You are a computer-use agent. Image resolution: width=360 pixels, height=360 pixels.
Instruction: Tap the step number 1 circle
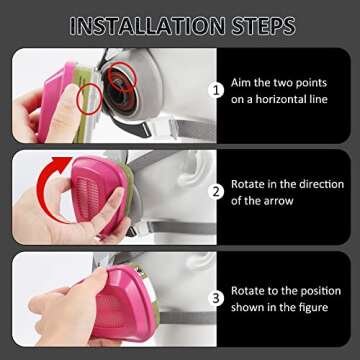tap(213, 89)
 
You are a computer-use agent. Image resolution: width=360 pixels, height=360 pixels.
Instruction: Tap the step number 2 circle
tap(213, 191)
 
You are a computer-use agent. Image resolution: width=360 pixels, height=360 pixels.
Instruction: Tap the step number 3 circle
tap(213, 297)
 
